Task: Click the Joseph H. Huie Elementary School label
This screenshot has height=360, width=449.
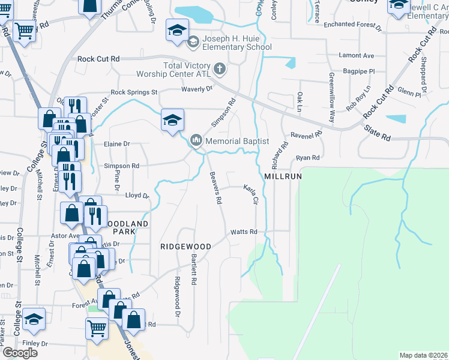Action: [x=237, y=43]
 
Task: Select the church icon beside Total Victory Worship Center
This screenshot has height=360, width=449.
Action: [x=220, y=68]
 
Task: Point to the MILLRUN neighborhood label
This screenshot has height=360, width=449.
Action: [x=282, y=178]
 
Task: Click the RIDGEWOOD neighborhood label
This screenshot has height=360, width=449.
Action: [x=185, y=247]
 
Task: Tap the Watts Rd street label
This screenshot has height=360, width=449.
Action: [x=244, y=232]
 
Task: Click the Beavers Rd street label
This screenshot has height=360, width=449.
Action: [x=215, y=187]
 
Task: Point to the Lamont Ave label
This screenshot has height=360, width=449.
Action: [x=357, y=56]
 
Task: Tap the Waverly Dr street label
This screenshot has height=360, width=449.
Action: [x=197, y=89]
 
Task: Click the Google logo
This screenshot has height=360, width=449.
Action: [x=20, y=353]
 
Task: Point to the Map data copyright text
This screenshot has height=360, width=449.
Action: [x=424, y=355]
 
